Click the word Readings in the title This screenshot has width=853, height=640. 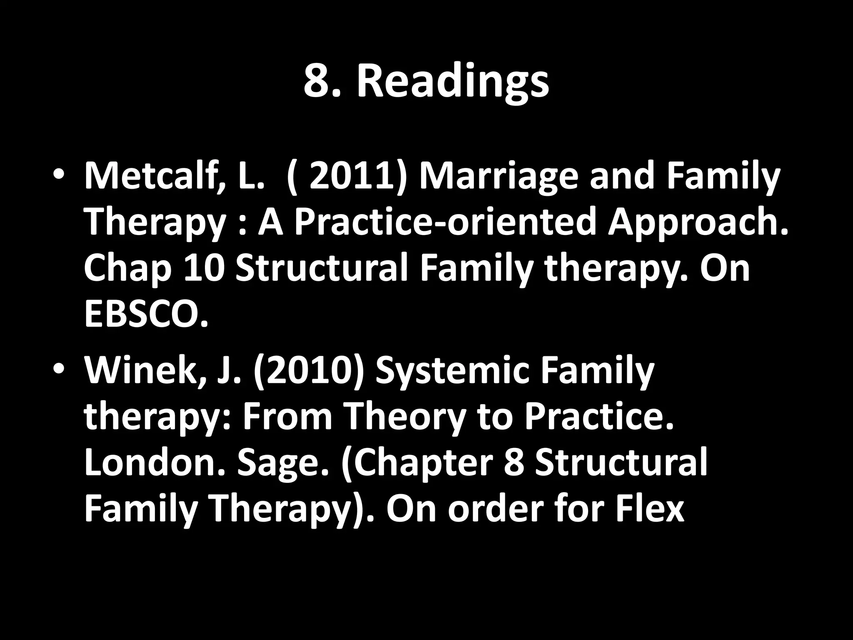(x=453, y=81)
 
